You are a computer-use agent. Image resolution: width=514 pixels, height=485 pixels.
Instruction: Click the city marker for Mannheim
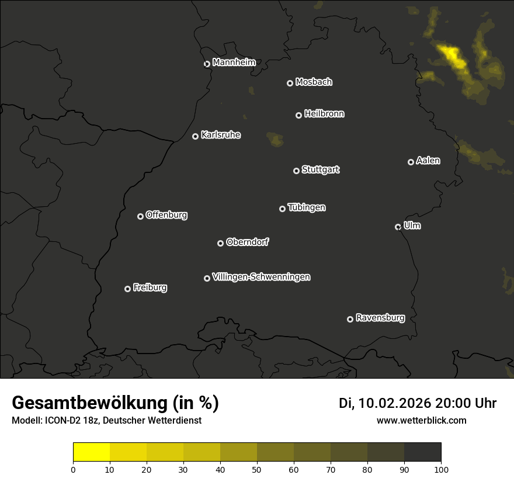click(207, 64)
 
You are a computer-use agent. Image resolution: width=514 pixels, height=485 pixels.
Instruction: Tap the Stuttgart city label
click(320, 169)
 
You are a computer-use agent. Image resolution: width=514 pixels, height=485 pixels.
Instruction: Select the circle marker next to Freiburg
click(127, 289)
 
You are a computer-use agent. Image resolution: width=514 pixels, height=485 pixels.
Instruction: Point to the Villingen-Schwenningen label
click(261, 277)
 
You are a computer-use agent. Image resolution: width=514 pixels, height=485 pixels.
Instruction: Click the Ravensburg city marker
click(350, 319)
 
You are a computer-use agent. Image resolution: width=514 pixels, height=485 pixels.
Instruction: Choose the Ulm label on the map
click(412, 226)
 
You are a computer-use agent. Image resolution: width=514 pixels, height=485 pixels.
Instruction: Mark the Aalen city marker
click(411, 162)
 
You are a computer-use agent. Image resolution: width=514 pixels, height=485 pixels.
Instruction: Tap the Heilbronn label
click(324, 114)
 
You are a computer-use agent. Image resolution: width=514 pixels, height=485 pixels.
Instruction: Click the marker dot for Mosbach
click(290, 83)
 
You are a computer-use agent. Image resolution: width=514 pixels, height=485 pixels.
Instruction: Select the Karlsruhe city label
click(221, 135)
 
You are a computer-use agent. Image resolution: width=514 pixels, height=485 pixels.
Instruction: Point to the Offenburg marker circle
click(140, 216)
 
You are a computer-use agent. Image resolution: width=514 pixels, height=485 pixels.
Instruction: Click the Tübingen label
click(307, 207)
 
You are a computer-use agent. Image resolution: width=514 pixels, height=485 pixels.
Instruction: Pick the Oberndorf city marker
click(220, 243)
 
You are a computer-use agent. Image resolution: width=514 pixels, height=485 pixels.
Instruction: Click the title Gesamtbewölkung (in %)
click(115, 403)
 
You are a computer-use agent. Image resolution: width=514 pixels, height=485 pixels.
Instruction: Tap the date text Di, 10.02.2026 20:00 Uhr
click(418, 403)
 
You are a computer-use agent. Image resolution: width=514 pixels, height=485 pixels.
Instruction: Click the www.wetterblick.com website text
click(421, 420)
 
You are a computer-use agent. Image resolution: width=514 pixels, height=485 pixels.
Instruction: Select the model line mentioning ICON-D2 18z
click(106, 420)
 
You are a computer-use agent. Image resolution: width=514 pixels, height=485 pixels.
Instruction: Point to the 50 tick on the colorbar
click(257, 469)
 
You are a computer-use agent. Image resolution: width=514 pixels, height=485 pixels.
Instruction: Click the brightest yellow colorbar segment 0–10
click(91, 452)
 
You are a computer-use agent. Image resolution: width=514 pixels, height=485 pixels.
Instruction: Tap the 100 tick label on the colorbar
click(441, 469)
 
